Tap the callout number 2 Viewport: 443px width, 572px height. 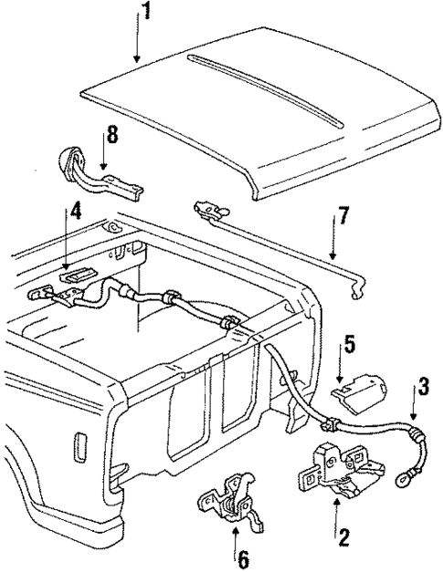pos(343,536)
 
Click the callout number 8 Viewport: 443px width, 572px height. pos(112,136)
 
